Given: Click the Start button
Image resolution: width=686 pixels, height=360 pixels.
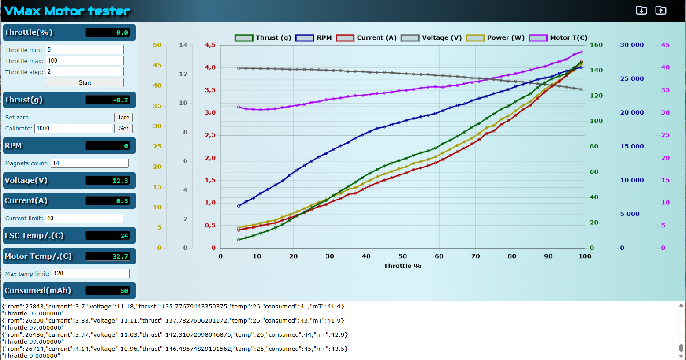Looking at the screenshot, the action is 85,83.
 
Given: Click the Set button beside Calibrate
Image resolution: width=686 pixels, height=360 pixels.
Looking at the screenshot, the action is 123,128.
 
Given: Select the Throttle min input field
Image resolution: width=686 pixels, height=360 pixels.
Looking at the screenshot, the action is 85,50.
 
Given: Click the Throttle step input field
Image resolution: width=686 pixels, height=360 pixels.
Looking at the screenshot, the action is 85,72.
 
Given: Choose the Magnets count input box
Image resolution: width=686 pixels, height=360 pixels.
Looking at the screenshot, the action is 90,163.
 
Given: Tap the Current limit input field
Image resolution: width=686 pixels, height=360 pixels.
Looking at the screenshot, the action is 84,218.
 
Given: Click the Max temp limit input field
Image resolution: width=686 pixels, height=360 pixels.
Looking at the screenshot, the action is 91,273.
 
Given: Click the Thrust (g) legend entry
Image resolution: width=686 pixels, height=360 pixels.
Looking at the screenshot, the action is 263,37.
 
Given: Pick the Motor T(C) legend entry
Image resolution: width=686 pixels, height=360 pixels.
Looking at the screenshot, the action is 558,37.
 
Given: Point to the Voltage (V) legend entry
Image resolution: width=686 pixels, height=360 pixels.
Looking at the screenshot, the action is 431,37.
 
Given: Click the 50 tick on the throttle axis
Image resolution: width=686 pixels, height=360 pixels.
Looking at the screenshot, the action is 403,256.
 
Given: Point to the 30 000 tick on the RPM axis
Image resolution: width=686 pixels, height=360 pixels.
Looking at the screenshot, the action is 632,45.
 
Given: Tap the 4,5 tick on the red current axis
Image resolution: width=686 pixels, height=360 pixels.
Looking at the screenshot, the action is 210,45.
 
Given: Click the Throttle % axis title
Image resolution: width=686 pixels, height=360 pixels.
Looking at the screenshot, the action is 403,266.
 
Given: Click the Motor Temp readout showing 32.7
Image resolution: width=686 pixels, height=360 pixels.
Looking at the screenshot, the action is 108,256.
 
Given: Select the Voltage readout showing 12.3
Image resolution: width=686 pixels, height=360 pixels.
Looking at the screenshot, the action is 108,181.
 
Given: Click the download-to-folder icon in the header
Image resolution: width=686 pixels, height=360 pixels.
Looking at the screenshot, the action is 641,10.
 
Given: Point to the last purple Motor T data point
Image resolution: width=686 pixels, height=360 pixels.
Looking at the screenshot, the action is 581,52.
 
